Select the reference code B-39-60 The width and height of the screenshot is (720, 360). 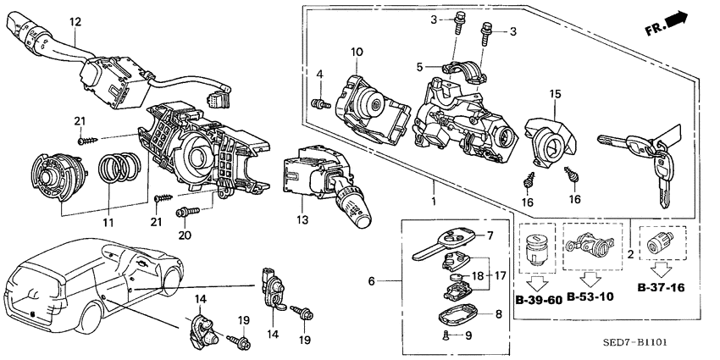tap(539, 301)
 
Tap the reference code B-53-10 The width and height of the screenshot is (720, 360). tap(590, 296)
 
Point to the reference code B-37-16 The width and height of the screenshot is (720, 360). tap(662, 288)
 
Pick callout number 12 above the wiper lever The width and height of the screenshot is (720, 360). tap(75, 21)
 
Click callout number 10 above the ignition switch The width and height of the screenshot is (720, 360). tap(357, 52)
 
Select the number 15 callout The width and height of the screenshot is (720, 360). tap(555, 94)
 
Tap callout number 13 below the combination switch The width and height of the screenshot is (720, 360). tap(302, 220)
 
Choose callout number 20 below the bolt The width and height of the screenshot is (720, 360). tap(184, 235)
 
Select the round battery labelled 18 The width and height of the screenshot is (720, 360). tap(456, 277)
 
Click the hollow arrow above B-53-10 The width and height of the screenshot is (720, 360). tap(590, 280)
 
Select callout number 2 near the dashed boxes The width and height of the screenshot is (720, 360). tap(630, 254)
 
